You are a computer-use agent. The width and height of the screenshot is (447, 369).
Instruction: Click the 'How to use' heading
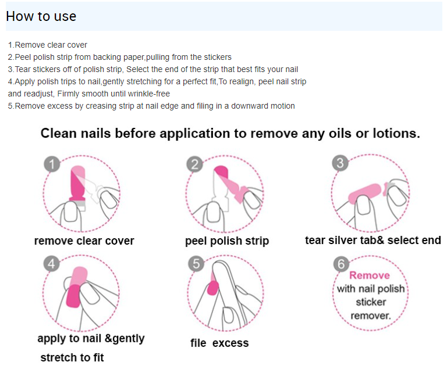coord(41,16)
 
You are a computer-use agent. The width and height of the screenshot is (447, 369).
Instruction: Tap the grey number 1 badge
coord(52,164)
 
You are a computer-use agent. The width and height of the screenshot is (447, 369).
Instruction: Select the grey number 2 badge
coord(195,164)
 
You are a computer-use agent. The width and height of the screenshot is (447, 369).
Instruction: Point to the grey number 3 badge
coord(340,163)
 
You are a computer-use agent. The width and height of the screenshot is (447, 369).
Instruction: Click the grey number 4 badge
coord(52,264)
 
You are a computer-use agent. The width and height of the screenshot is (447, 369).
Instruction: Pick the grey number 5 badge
coord(196,264)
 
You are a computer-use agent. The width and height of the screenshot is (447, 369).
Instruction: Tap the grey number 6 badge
coord(341,264)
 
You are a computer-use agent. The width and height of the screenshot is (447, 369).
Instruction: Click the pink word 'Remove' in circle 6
coord(370,275)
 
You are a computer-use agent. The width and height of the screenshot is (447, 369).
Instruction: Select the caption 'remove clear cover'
coord(84,241)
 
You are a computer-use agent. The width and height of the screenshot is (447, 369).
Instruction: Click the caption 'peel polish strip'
coord(227,241)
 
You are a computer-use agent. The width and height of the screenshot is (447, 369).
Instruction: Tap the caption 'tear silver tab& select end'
coord(373,241)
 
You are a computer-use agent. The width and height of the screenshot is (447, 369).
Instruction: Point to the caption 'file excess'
coord(219,343)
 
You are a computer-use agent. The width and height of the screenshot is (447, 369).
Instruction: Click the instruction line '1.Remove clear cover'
coord(48,45)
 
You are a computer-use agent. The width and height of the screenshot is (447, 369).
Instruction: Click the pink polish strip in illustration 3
coord(365,194)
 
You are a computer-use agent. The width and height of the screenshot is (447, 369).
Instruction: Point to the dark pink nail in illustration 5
coord(212,288)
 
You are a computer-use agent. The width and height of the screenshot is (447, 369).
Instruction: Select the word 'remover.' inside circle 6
coord(370,316)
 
